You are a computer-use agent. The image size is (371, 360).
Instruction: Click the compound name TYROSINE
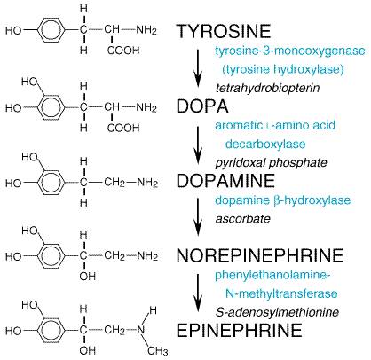(x=224, y=31)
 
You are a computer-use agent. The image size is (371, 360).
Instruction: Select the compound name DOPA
(x=202, y=106)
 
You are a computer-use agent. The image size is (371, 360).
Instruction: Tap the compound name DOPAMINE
(x=225, y=181)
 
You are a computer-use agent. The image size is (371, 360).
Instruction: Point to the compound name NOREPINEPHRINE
(x=260, y=255)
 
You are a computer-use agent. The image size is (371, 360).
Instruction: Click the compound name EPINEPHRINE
(x=239, y=330)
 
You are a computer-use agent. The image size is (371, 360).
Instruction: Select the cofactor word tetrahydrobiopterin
(x=268, y=88)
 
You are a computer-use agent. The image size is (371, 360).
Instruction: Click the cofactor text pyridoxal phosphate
(x=272, y=163)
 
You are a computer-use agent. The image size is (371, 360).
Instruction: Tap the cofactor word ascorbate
(x=243, y=219)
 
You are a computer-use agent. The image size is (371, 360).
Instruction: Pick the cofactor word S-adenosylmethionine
(x=277, y=312)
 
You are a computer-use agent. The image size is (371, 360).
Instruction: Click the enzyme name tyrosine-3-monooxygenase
(x=290, y=51)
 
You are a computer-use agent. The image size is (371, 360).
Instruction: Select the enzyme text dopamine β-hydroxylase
(x=283, y=200)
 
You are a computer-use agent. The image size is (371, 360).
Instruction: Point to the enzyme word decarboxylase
(x=265, y=145)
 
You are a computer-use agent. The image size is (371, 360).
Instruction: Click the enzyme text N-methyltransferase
(x=281, y=293)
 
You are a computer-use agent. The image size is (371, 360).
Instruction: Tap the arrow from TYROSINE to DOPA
(x=198, y=68)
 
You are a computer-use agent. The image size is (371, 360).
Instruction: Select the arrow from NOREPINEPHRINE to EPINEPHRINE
(x=198, y=293)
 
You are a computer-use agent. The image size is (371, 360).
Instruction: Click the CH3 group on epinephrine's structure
(x=158, y=351)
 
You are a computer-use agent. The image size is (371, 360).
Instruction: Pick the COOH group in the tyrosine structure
(x=123, y=51)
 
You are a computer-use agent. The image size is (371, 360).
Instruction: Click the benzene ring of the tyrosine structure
(x=51, y=30)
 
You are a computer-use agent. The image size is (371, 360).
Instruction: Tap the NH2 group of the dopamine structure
(x=147, y=183)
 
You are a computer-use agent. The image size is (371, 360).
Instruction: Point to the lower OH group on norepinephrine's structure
(x=88, y=277)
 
